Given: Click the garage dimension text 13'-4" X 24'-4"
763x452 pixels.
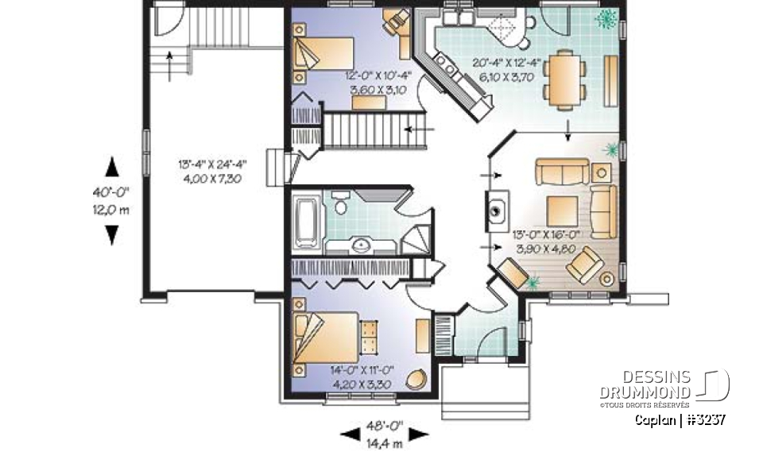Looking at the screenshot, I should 212,164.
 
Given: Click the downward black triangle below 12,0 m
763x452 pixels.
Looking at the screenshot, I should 112,234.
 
